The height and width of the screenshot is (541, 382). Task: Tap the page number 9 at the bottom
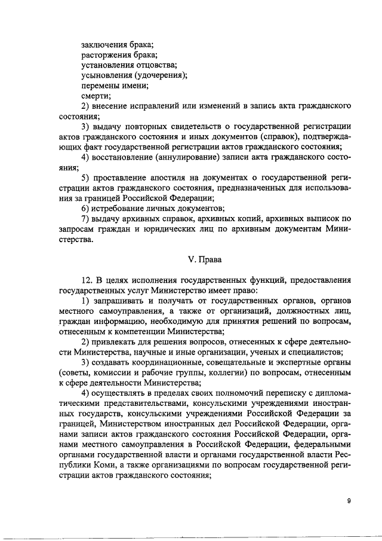[349, 502]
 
